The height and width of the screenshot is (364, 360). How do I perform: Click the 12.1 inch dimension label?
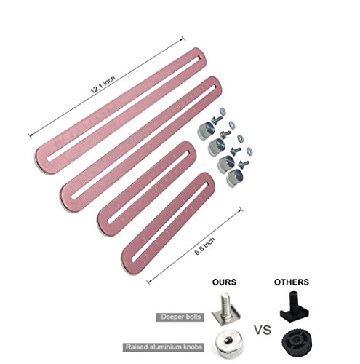click(x=103, y=84)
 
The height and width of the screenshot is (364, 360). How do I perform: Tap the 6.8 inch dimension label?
click(x=205, y=246)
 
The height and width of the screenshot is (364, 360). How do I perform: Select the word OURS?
click(x=224, y=282)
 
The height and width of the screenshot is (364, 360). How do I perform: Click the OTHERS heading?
click(x=292, y=282)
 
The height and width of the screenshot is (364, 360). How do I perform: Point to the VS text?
click(x=263, y=330)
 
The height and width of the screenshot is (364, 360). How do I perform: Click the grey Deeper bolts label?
click(x=180, y=317)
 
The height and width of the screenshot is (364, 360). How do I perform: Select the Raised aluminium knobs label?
click(x=164, y=347)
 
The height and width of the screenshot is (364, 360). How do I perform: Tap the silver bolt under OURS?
click(x=225, y=308)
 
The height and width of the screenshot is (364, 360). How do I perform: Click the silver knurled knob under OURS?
click(x=227, y=344)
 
